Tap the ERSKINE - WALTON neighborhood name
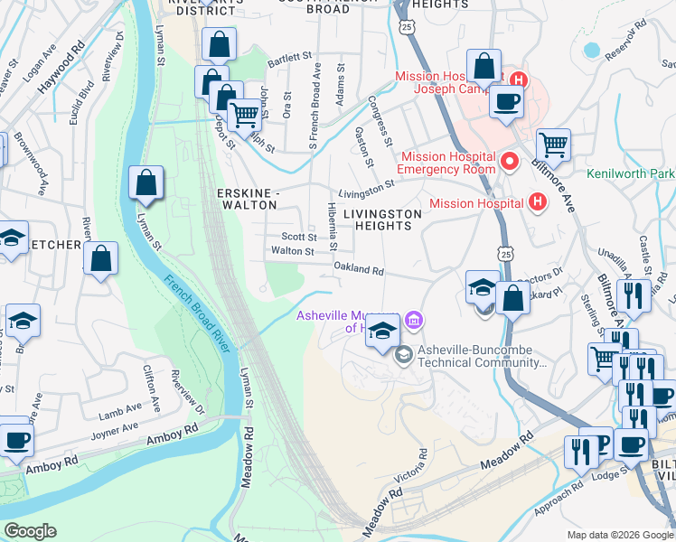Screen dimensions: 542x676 pos(247,199)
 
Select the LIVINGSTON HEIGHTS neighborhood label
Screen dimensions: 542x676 pos(382,220)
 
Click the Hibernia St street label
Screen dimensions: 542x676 pos(332,227)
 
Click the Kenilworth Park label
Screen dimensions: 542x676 pos(630,173)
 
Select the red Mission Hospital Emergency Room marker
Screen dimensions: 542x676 pos(510,163)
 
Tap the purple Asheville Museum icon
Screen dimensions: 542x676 pos(415,320)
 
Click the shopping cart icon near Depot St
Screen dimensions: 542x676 pos(244,114)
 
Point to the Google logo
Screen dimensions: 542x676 pos(29,531)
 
